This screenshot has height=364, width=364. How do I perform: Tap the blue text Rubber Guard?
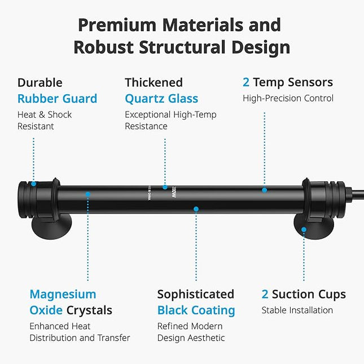click(57, 99)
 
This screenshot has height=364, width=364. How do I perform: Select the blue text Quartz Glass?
click(161, 99)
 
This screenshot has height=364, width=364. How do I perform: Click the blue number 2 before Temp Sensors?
click(246, 82)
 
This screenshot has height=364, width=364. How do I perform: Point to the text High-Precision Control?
click(288, 99)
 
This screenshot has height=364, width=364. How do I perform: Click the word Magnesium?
click(63, 294)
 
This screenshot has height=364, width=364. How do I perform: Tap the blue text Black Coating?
click(196, 310)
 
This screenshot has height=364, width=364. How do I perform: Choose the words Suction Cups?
click(309, 294)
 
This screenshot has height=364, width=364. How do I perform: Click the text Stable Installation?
click(297, 310)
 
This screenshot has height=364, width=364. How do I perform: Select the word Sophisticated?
click(195, 294)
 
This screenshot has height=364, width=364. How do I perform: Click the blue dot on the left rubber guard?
click(34, 183)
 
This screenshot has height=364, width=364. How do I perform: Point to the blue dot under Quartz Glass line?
click(165, 187)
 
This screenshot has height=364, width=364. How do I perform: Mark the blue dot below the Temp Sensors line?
click(264, 190)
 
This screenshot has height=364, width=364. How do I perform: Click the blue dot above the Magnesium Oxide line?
click(87, 194)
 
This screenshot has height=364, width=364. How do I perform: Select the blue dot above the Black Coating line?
click(196, 209)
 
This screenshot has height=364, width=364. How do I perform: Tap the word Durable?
click(40, 82)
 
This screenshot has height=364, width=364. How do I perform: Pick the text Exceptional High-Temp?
click(170, 115)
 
